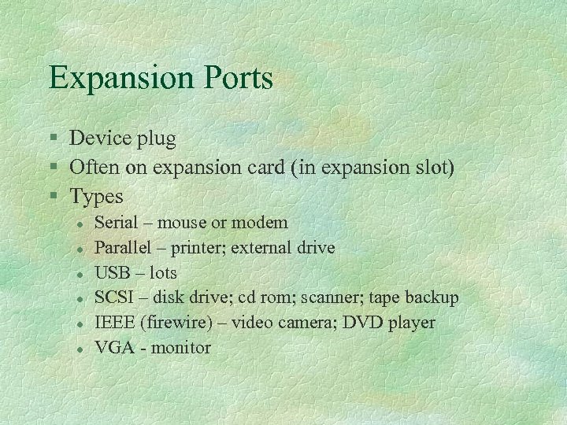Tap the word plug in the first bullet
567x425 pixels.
coord(154,139)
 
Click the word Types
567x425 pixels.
coord(97,195)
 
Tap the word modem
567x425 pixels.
coord(261,224)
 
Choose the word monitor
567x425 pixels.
coord(182,347)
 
